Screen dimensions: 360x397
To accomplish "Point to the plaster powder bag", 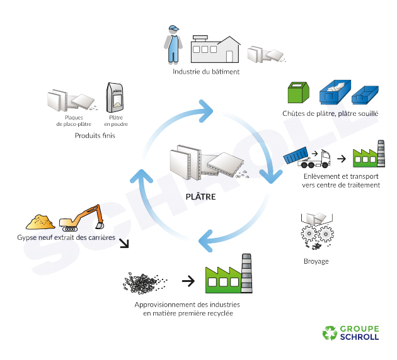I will [x=115, y=98].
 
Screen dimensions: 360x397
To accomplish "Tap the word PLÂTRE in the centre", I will [x=201, y=197].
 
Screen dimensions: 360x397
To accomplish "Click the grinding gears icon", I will [x=316, y=235].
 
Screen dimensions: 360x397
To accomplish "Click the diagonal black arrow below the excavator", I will [x=125, y=243].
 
